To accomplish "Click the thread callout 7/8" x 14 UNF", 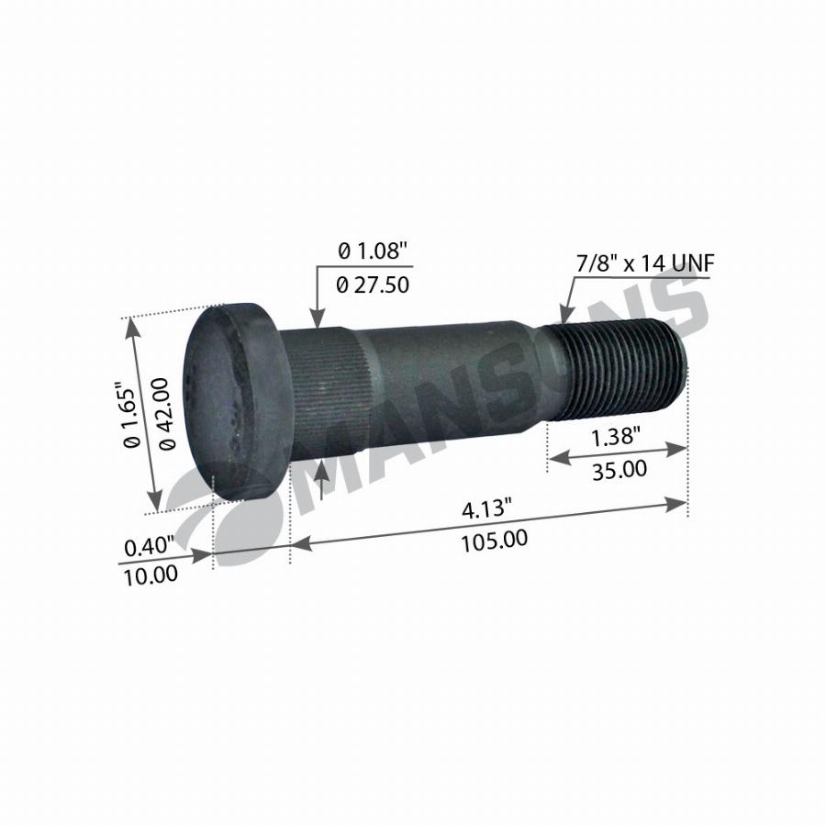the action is pyautogui.click(x=645, y=262).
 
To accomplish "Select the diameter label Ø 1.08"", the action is pyautogui.click(x=373, y=251).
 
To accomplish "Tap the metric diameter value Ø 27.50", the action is pyautogui.click(x=373, y=285).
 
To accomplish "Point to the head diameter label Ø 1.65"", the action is pyautogui.click(x=131, y=415).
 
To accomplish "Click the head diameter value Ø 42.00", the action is pyautogui.click(x=166, y=414).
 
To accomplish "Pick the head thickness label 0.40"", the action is pyautogui.click(x=149, y=547).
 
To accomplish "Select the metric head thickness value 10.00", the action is pyautogui.click(x=151, y=575).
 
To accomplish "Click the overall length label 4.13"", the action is pyautogui.click(x=486, y=509).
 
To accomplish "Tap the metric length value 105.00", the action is pyautogui.click(x=494, y=541).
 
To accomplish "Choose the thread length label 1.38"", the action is pyautogui.click(x=615, y=437).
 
